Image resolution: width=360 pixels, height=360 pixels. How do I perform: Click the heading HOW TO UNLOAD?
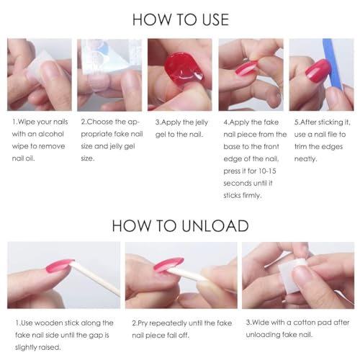coord(180,225)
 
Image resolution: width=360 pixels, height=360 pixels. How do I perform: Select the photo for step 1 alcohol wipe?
coord(39,74)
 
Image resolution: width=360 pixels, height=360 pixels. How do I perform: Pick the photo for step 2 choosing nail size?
coord(109,74)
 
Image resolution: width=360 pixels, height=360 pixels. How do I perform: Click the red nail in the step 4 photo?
coord(243,71)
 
